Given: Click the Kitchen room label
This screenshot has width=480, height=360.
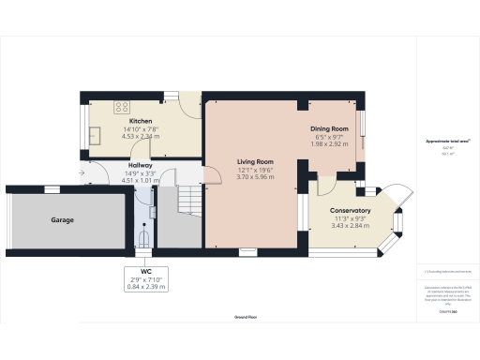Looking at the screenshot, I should point(141,121).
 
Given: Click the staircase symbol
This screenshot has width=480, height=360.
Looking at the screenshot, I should point(189,199).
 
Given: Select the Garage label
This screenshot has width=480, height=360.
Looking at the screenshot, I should point(62,220).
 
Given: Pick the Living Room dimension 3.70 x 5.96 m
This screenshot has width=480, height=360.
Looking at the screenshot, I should point(254,176).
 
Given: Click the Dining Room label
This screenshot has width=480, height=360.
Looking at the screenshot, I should point(329,128).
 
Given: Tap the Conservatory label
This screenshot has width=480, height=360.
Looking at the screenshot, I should point(350,211).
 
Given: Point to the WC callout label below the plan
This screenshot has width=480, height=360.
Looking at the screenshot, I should point(144,271).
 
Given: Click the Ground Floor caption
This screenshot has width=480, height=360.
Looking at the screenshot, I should point(247,319).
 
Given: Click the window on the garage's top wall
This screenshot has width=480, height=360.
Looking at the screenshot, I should point(52,189).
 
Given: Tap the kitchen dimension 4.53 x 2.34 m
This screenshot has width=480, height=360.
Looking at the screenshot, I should point(141,136).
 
